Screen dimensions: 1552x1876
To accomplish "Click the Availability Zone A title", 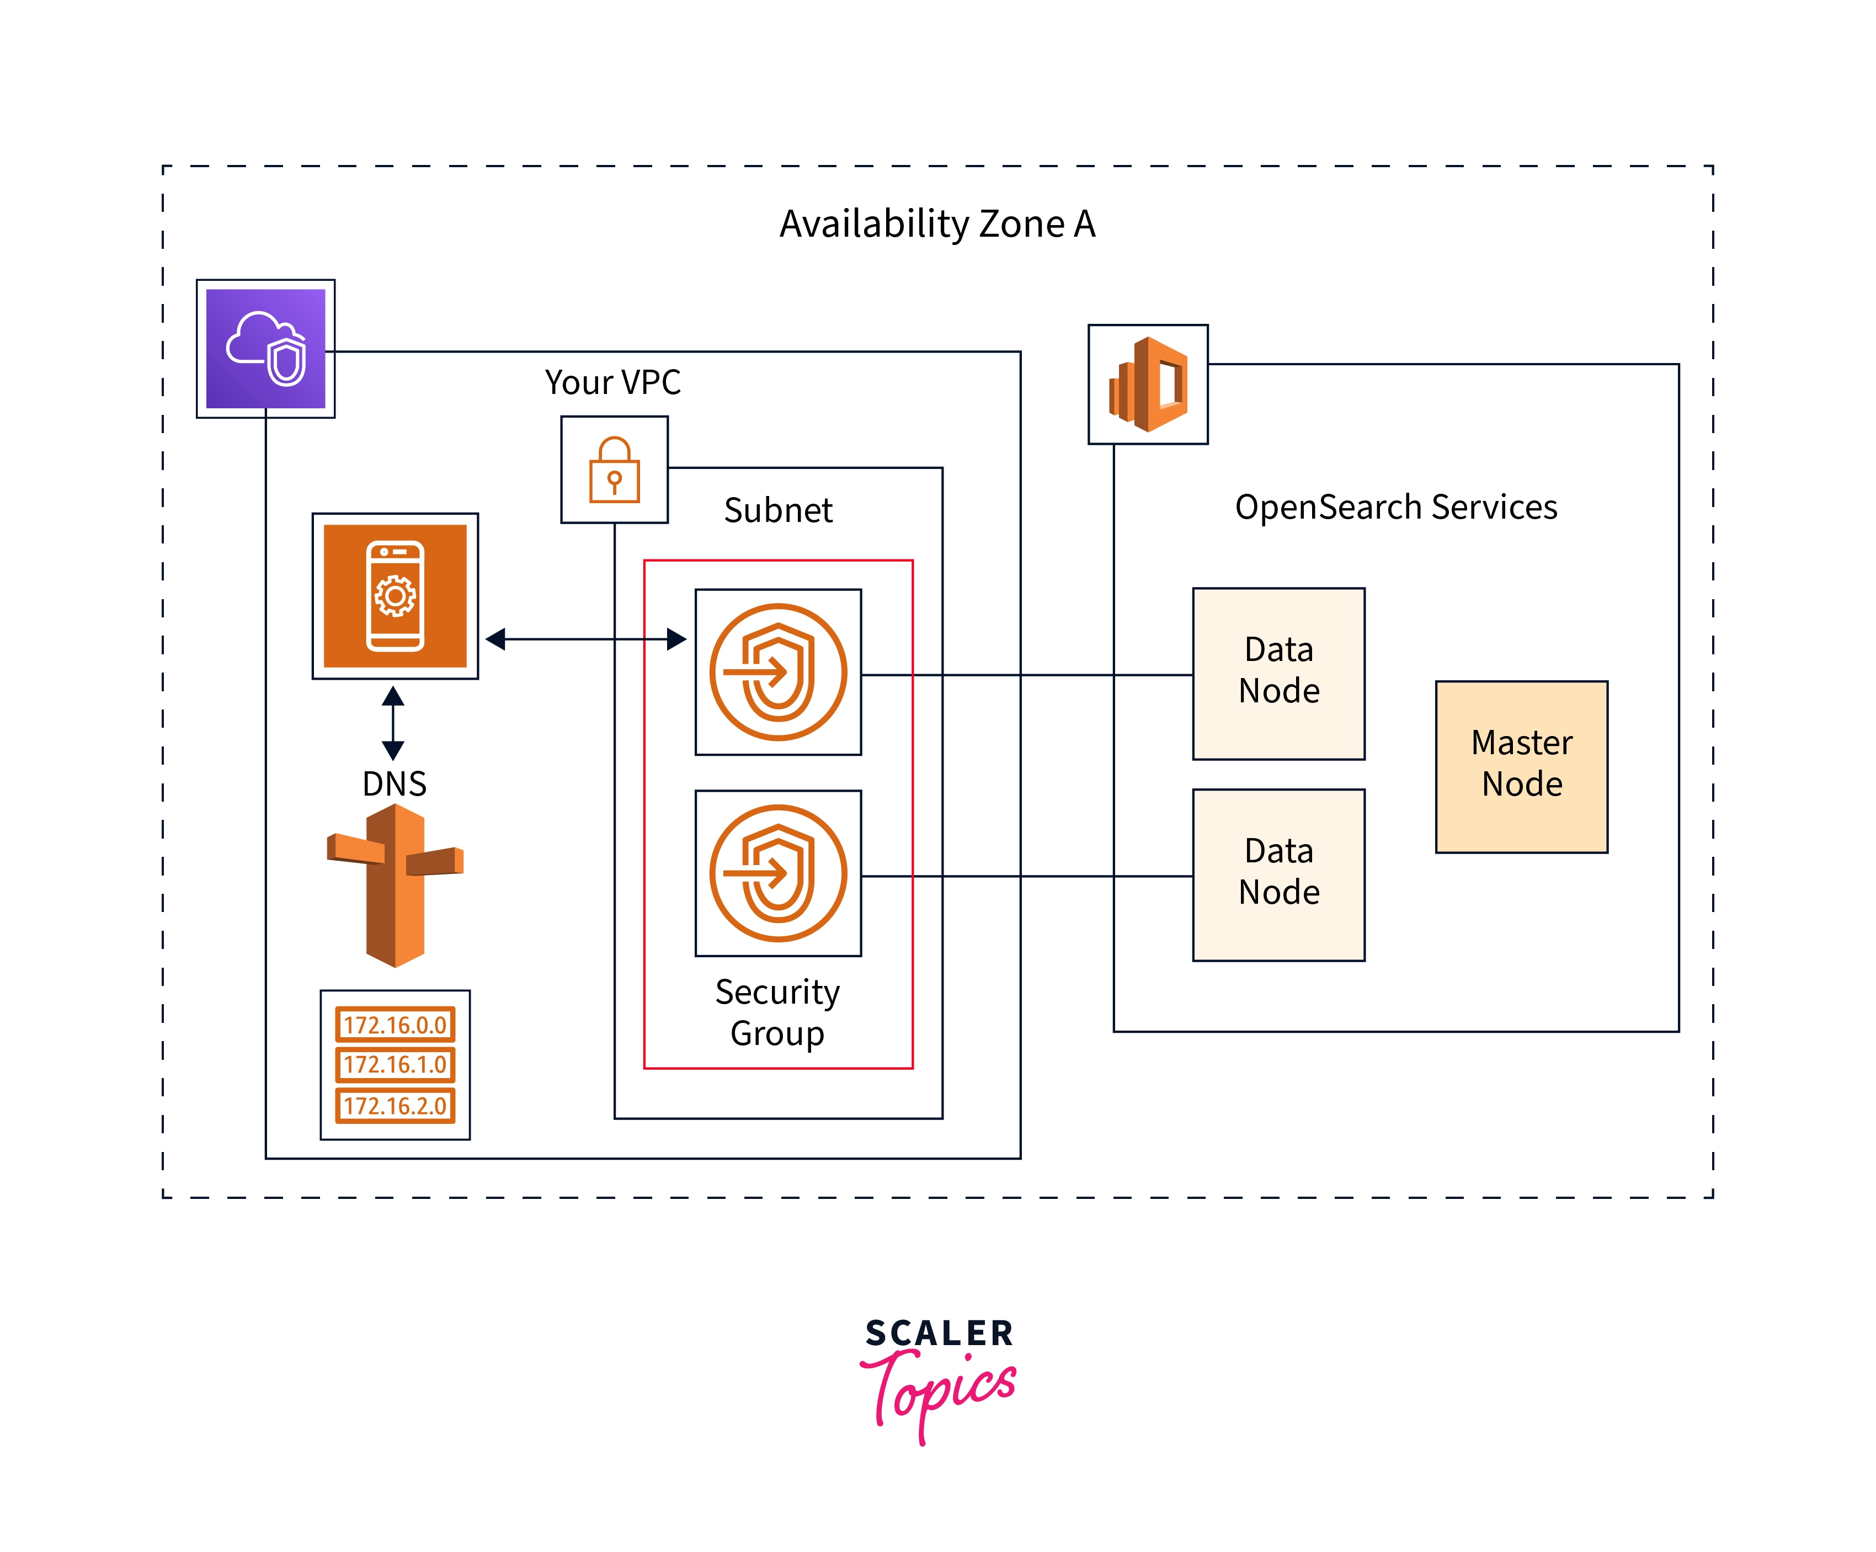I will pyautogui.click(x=937, y=223).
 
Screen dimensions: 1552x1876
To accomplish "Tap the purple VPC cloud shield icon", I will pyautogui.click(x=265, y=349).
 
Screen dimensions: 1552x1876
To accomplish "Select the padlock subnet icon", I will pyautogui.click(x=615, y=469).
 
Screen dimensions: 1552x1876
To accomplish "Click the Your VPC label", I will pyautogui.click(x=613, y=382).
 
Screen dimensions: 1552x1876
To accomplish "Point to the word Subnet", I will pyautogui.click(x=778, y=510).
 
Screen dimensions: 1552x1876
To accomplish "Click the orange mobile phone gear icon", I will pyautogui.click(x=395, y=596).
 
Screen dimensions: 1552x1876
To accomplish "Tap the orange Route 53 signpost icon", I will pyautogui.click(x=395, y=884).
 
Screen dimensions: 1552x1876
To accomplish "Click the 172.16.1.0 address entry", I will pyautogui.click(x=395, y=1064).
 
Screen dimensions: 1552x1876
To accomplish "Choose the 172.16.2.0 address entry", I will pyautogui.click(x=395, y=1105).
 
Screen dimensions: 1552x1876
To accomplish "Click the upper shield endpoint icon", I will pyautogui.click(x=778, y=672).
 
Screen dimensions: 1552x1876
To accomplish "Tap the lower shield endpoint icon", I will pyautogui.click(x=778, y=873).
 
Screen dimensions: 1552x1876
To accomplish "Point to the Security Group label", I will pyautogui.click(x=777, y=1012).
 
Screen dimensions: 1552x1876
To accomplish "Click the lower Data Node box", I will pyautogui.click(x=1278, y=874).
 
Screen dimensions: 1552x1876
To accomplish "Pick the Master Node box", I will pyautogui.click(x=1521, y=766).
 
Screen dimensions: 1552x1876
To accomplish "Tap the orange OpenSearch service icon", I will pyautogui.click(x=1148, y=384).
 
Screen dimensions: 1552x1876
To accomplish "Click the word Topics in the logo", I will pyautogui.click(x=942, y=1389).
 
